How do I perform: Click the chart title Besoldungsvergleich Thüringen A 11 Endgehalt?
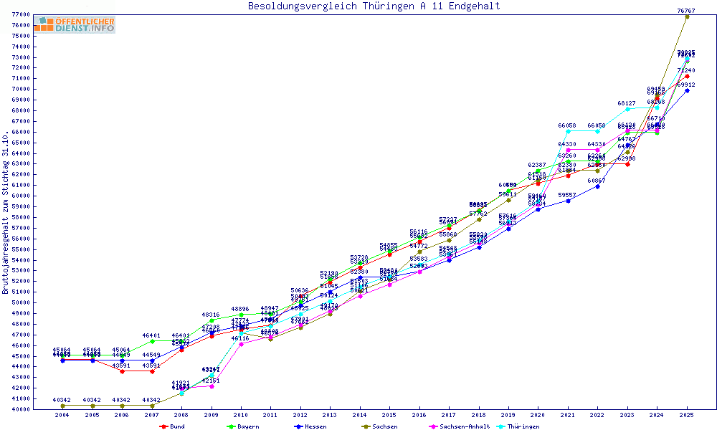tap(374, 6)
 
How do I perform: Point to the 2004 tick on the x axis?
tap(62, 415)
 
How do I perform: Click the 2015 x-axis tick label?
tap(389, 415)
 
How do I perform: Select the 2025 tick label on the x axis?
tap(686, 415)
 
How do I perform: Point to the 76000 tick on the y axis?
tap(21, 25)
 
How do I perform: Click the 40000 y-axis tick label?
tap(21, 409)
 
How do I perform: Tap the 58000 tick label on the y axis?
tap(21, 217)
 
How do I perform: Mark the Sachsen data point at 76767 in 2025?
tap(687, 16)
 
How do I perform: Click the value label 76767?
tap(687, 11)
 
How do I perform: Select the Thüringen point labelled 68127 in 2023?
tap(627, 109)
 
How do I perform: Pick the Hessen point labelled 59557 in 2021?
tap(568, 201)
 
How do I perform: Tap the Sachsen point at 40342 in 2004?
tap(62, 406)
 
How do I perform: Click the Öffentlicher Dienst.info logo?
tap(74, 25)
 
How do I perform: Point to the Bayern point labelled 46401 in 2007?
tap(152, 341)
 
